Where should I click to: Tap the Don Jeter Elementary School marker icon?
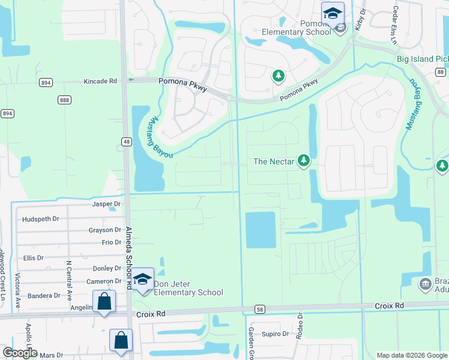[143, 280]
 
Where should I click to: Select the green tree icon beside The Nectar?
[304, 160]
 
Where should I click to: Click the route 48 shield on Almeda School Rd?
[126, 142]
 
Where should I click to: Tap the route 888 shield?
[65, 100]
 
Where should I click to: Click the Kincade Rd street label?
[100, 80]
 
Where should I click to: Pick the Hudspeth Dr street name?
[41, 219]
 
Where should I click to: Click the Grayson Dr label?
[105, 230]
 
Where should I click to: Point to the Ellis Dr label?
[34, 258]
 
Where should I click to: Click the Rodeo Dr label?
[300, 326]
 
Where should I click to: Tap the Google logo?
[19, 353]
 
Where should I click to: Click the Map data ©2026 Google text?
[411, 355]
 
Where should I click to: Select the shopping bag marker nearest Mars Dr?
[121, 339]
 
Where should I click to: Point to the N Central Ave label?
[70, 281]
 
